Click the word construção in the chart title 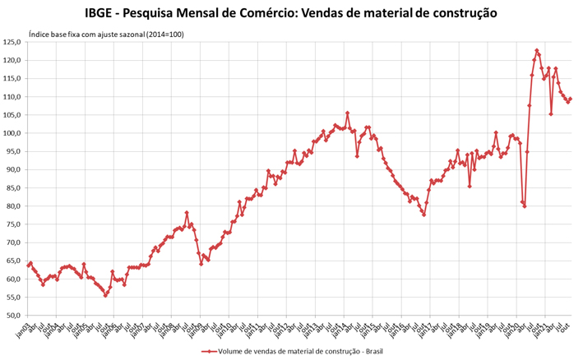tap(456, 13)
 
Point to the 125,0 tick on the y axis tap(13, 42)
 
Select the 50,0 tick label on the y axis tap(14, 315)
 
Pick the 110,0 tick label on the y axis tap(13, 97)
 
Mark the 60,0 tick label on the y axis tap(14, 279)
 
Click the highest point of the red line tap(537, 51)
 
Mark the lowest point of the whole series tap(106, 295)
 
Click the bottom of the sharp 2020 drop tap(525, 205)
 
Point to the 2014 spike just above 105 tap(347, 113)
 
